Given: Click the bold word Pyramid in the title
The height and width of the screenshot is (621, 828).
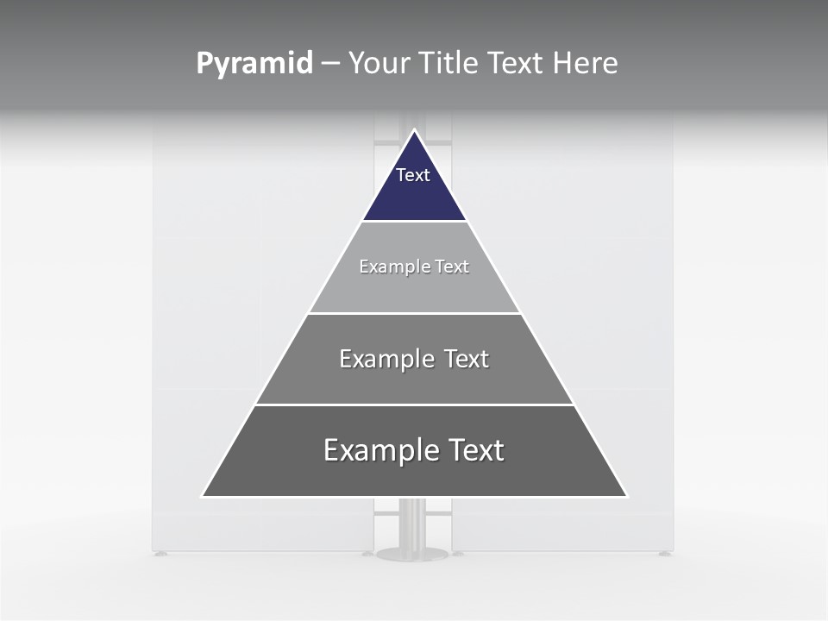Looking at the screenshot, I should (254, 64).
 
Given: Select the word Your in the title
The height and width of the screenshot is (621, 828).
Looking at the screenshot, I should (379, 64).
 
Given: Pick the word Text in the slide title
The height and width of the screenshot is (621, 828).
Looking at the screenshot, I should (517, 64).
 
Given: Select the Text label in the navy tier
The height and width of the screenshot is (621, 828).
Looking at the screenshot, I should (413, 176).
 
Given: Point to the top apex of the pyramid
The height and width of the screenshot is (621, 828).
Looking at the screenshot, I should (414, 131).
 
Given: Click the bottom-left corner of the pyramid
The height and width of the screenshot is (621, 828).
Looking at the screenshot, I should (204, 496).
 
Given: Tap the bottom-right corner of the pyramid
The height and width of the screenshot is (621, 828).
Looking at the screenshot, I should (626, 496).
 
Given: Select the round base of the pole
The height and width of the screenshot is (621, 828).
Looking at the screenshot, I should (412, 553).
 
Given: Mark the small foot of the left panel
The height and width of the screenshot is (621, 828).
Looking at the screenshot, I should (161, 553).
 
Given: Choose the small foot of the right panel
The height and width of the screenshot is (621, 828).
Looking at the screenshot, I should (663, 553).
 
